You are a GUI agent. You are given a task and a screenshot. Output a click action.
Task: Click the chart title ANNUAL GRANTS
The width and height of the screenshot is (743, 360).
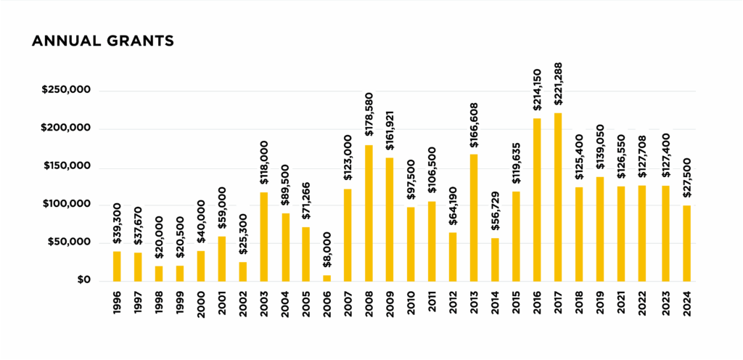pos(102,41)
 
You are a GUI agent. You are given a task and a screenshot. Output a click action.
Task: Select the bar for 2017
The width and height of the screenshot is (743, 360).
pos(558,197)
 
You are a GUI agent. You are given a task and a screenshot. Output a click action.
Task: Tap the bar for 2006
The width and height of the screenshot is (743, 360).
pos(327,278)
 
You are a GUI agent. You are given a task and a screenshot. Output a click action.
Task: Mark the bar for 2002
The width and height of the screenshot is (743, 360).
pos(243,271)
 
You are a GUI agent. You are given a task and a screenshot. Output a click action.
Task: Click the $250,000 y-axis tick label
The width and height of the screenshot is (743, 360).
pos(66,91)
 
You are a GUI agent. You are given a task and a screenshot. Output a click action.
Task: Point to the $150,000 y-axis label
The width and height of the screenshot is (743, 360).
pos(66,167)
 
